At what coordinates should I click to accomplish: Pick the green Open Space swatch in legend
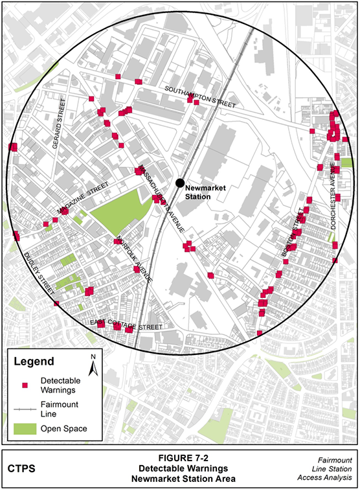25,429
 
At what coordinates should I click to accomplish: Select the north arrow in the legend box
93,365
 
